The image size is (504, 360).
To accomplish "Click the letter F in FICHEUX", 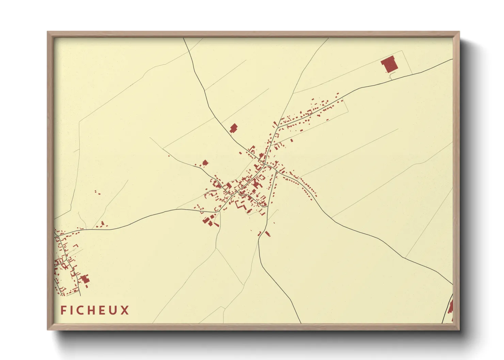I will coord(63,310).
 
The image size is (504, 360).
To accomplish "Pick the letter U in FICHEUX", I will coord(113,310).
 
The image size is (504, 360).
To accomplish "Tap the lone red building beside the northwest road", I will coord(234,128).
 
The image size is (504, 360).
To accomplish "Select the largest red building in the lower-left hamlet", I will coord(85,280).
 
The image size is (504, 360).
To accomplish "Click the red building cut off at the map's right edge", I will coord(451,307).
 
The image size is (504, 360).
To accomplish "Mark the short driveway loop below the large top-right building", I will coord(392,77).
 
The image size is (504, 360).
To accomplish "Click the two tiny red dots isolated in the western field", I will coord(97,193).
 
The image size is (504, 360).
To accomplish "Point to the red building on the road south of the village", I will coord(267,234).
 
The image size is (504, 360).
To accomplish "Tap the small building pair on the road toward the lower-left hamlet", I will coord(102,224).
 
